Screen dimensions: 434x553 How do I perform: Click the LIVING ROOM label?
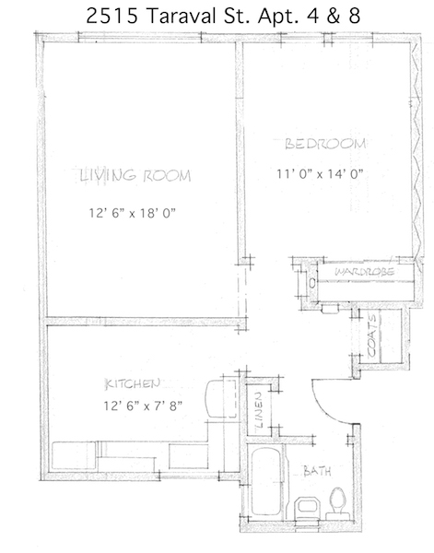click(x=135, y=176)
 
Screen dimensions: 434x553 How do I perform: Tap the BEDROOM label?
click(x=324, y=144)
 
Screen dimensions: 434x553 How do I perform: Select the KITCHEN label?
click(x=133, y=383)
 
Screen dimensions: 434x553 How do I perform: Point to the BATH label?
click(x=317, y=471)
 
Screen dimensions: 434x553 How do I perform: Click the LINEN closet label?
click(x=259, y=410)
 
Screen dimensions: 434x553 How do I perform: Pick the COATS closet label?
click(x=372, y=335)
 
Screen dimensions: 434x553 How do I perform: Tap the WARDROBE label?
click(x=364, y=272)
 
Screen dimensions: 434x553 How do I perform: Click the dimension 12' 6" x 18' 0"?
click(x=132, y=213)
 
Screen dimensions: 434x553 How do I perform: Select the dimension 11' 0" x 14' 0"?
click(x=320, y=174)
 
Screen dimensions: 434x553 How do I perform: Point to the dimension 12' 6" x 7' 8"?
click(x=143, y=406)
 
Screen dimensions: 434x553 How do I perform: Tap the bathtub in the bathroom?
click(x=265, y=482)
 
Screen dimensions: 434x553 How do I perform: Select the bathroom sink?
click(x=306, y=508)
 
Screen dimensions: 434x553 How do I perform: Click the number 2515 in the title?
click(x=111, y=16)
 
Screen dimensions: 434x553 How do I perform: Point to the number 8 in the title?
click(x=355, y=16)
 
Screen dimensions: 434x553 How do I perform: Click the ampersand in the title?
click(x=333, y=16)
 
